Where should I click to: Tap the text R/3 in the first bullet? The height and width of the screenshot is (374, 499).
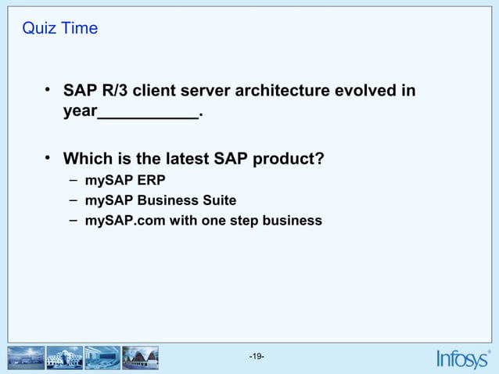pyautogui.click(x=115, y=92)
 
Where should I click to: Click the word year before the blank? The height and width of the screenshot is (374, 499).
pyautogui.click(x=79, y=113)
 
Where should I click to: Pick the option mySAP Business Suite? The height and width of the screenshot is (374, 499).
pyautogui.click(x=160, y=200)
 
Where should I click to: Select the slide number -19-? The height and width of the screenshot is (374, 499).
pyautogui.click(x=257, y=358)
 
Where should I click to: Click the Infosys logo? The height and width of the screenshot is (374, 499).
pyautogui.click(x=463, y=358)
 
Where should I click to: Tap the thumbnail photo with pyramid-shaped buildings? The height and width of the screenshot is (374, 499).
pyautogui.click(x=141, y=358)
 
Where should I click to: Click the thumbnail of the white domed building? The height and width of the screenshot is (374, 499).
pyautogui.click(x=64, y=358)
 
